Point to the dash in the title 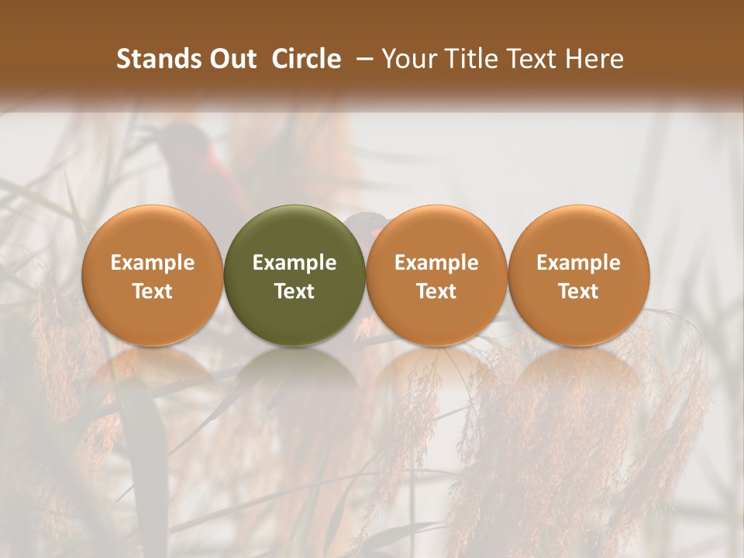point(362,59)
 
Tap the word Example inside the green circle point(294,263)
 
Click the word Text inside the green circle point(294,291)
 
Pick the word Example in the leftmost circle point(153,263)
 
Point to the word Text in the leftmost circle point(153,291)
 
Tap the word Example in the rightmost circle point(579,263)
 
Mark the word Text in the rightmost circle point(579,291)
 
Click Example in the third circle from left point(436,263)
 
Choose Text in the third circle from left point(436,291)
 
